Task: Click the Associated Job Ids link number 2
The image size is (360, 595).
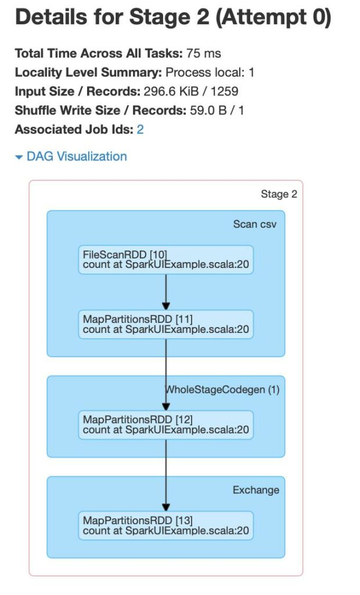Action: tap(140, 130)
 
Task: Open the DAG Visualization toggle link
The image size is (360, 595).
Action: tap(71, 156)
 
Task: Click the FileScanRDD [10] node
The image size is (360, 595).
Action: tap(166, 260)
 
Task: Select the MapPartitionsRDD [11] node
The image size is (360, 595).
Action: tap(166, 324)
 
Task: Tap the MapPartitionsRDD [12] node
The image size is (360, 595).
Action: tap(166, 425)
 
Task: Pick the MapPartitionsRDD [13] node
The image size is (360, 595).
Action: tap(166, 525)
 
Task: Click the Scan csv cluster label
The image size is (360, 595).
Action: tap(254, 224)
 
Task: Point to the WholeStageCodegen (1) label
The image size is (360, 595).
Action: tap(222, 390)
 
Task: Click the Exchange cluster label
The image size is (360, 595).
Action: tap(256, 490)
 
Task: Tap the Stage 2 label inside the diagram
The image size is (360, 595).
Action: tap(279, 194)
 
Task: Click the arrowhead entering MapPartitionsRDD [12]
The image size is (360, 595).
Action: tap(166, 407)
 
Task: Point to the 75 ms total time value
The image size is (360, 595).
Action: tap(203, 53)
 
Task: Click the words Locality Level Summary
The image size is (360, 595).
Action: tap(88, 72)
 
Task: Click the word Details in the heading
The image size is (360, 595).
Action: tap(49, 17)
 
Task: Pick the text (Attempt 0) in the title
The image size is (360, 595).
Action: tap(273, 18)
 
